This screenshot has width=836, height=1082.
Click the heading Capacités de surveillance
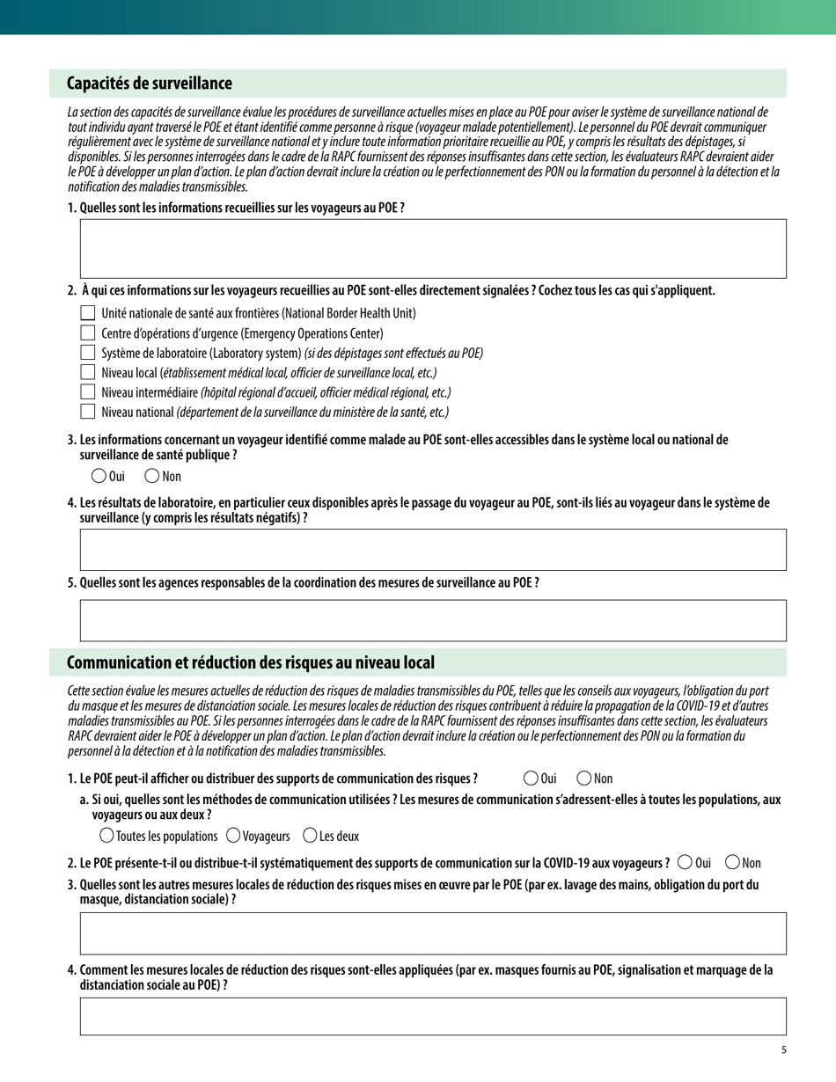(x=150, y=84)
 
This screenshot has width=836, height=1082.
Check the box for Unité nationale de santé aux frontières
(x=87, y=313)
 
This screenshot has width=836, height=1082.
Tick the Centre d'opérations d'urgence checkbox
(x=87, y=333)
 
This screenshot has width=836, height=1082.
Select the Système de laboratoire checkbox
(x=87, y=353)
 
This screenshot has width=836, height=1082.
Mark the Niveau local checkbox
(x=87, y=373)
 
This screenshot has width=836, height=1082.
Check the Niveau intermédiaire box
(x=87, y=392)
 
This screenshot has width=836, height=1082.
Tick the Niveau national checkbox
(x=87, y=412)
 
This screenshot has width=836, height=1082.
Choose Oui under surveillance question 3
(x=98, y=476)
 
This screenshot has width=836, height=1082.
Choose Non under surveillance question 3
(x=151, y=476)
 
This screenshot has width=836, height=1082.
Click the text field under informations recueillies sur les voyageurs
(x=433, y=249)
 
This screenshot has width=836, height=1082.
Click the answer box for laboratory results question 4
(x=433, y=550)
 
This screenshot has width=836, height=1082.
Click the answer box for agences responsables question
(x=433, y=620)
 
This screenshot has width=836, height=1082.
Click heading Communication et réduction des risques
(x=251, y=662)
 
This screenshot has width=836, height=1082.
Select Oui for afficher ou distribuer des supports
(x=531, y=778)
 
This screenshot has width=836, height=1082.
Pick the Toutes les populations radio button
(x=106, y=836)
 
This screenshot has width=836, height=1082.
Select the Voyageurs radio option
(x=233, y=836)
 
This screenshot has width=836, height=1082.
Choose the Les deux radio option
(x=310, y=836)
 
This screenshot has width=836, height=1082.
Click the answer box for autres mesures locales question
(x=433, y=933)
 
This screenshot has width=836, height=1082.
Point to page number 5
(x=783, y=1049)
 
